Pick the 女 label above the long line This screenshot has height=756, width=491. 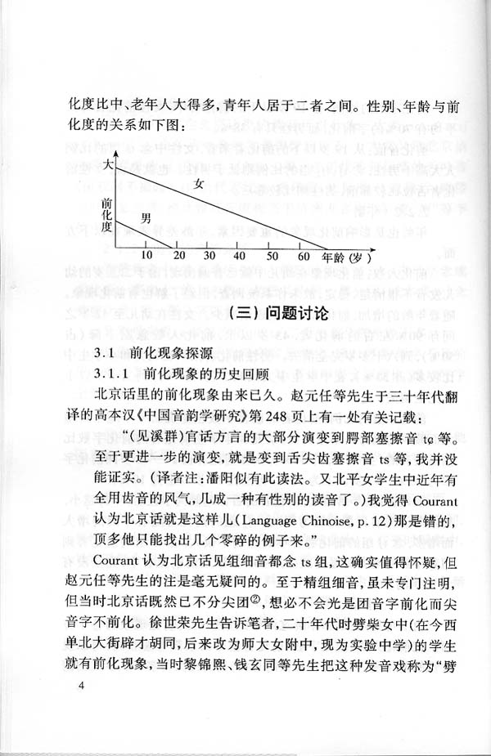coord(199,185)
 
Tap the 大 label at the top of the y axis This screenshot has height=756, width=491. coord(106,166)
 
